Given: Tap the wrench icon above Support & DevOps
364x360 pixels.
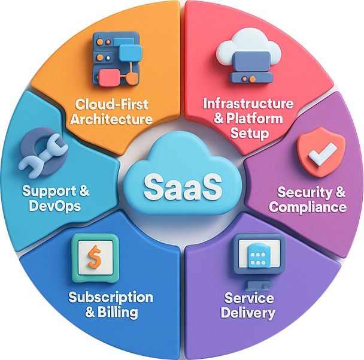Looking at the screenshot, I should click(x=40, y=153).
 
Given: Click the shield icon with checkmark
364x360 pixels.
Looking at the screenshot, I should click(x=321, y=152).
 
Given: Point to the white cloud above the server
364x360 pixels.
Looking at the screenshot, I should click(x=247, y=47).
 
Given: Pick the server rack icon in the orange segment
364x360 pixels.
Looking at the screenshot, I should click(x=115, y=58).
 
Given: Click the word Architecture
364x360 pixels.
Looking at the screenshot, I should click(x=111, y=119).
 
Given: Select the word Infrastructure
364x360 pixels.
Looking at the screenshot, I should click(x=248, y=103).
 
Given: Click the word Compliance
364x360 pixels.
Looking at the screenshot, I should click(x=308, y=207).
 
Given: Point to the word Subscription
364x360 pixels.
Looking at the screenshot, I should click(x=111, y=298).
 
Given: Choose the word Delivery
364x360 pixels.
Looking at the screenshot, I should click(x=248, y=313).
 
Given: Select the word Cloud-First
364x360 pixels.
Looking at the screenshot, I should click(x=112, y=104).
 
